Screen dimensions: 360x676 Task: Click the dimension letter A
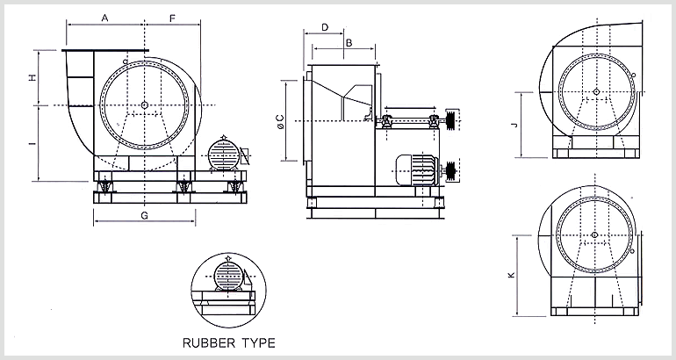pos(105,18)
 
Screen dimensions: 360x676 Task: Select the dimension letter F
pos(172,18)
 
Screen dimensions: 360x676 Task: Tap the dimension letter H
pos(32,77)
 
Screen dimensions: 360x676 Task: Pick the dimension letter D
pos(325,27)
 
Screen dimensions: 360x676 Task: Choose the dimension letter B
pos(348,41)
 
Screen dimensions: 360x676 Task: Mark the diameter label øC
pos(278,123)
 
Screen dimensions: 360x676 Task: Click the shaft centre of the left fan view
pos(145,105)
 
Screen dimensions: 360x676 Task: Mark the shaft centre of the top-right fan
pos(595,91)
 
